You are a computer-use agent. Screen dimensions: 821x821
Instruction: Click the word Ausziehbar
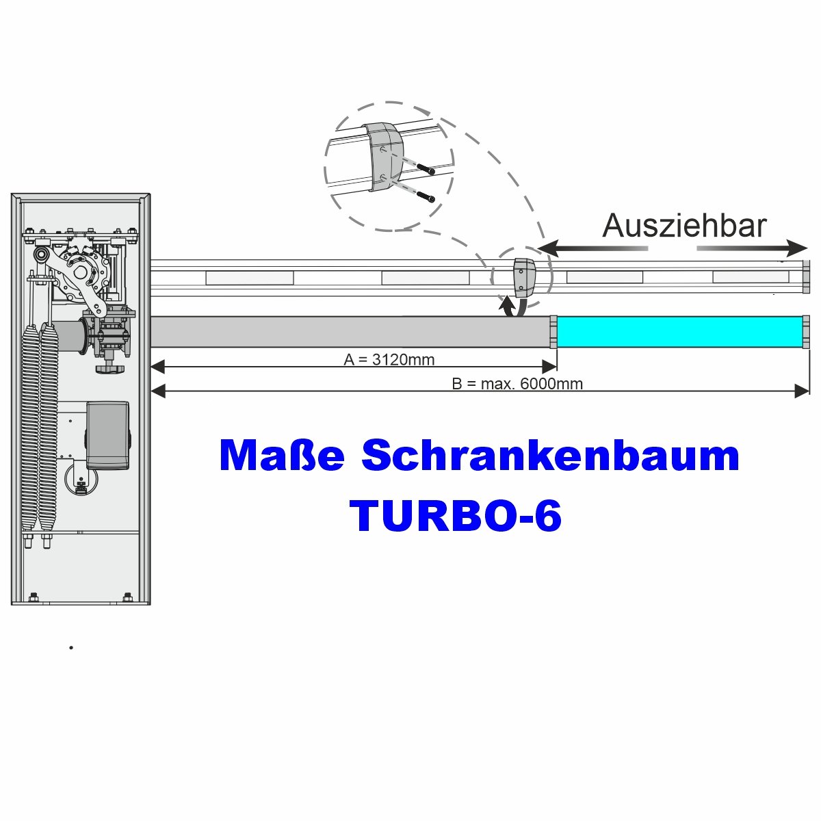pyautogui.click(x=683, y=226)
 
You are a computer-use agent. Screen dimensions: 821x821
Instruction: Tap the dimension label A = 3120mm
pyautogui.click(x=389, y=360)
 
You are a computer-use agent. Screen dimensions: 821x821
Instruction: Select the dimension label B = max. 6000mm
pyautogui.click(x=517, y=384)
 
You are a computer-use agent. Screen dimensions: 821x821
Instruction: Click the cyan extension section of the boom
pyautogui.click(x=679, y=332)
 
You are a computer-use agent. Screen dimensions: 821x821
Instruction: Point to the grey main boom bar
pyautogui.click(x=350, y=332)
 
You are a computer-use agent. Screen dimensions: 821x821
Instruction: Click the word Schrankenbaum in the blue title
pyautogui.click(x=550, y=456)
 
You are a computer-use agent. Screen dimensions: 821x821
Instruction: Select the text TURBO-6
pyautogui.click(x=455, y=515)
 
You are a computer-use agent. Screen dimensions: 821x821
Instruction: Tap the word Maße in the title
pyautogui.click(x=282, y=456)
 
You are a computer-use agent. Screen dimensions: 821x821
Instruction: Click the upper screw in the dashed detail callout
pyautogui.click(x=425, y=169)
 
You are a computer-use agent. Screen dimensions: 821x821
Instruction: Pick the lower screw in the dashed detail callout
pyautogui.click(x=425, y=197)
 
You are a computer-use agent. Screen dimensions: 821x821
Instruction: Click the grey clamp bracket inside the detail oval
pyautogui.click(x=386, y=157)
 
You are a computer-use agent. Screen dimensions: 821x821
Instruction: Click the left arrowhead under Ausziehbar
pyautogui.click(x=548, y=248)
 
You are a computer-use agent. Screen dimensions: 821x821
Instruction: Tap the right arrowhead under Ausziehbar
pyautogui.click(x=797, y=248)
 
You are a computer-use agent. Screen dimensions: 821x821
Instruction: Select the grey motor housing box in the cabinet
pyautogui.click(x=107, y=435)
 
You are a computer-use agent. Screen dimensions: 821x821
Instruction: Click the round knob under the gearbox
pyautogui.click(x=109, y=367)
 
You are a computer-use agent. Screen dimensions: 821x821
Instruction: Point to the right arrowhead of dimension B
pyautogui.click(x=802, y=391)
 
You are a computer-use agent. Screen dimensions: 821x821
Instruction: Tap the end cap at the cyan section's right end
pyautogui.click(x=806, y=332)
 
